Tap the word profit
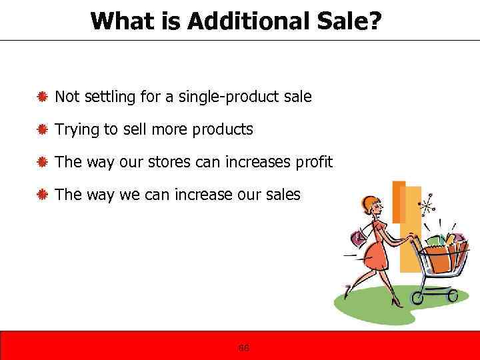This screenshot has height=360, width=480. coord(315,162)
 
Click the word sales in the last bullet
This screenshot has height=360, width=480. coord(283,195)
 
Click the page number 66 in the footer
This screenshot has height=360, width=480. coord(244,348)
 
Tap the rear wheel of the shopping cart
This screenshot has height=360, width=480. coord(420,294)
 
